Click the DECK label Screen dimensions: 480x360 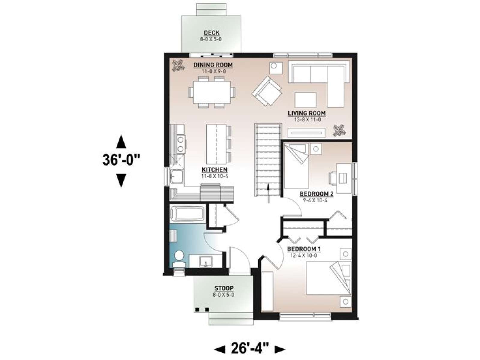tap(211, 33)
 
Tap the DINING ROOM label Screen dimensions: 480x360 tap(213, 65)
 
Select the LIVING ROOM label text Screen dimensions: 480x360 tap(307, 113)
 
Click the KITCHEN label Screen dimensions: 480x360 tap(214, 169)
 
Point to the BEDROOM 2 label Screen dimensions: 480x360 tap(316, 194)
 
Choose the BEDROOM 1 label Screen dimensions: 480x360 tap(304, 249)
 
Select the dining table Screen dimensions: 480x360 tap(212, 92)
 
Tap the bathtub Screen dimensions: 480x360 tap(187, 214)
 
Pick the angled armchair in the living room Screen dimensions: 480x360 tap(266, 91)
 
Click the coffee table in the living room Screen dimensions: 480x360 tap(305, 100)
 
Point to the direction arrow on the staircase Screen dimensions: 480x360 tap(268, 194)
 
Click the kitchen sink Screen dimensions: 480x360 tap(177, 176)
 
